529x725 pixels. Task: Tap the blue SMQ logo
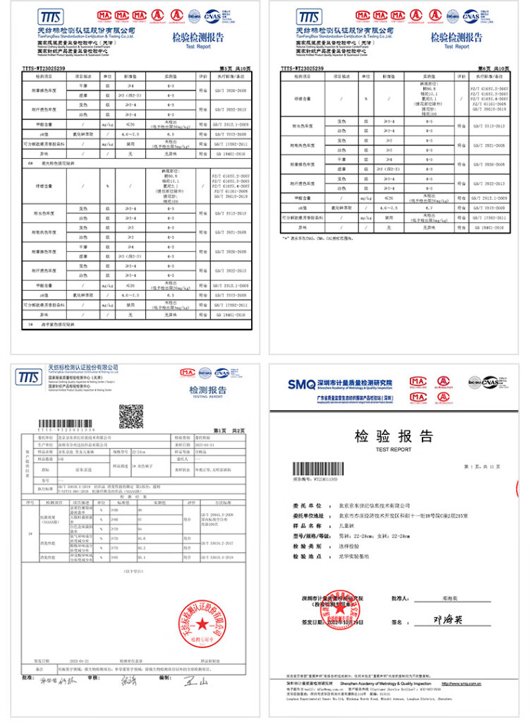300,384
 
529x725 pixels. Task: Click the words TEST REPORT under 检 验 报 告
394,449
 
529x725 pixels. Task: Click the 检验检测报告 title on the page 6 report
456,38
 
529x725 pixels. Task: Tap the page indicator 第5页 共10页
236,68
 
